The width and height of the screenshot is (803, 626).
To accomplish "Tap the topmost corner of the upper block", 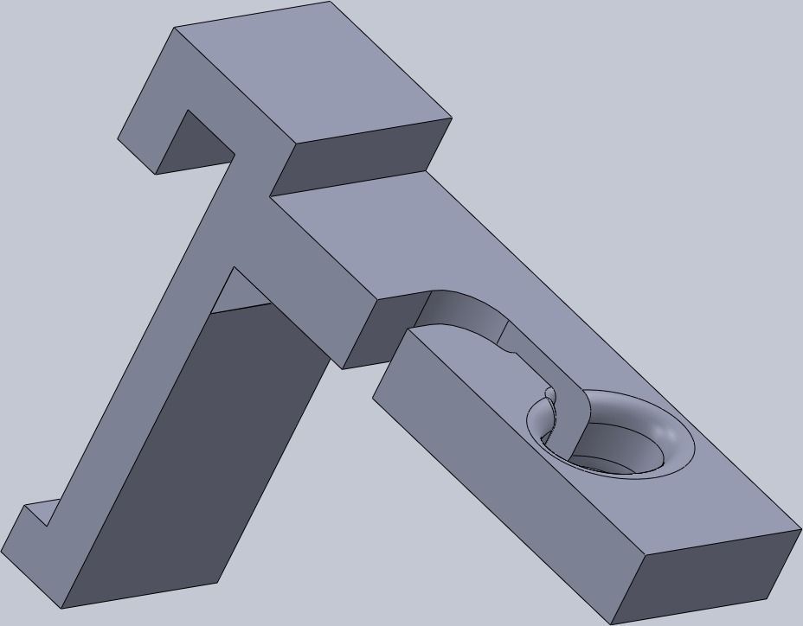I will pos(331,3).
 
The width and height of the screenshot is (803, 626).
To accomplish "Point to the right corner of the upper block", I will pos(452,118).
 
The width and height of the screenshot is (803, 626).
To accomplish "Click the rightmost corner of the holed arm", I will pos(800,529).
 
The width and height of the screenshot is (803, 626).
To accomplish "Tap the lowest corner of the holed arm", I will pos(612,623).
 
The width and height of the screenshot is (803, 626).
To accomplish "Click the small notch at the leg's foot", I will pos(39,517).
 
